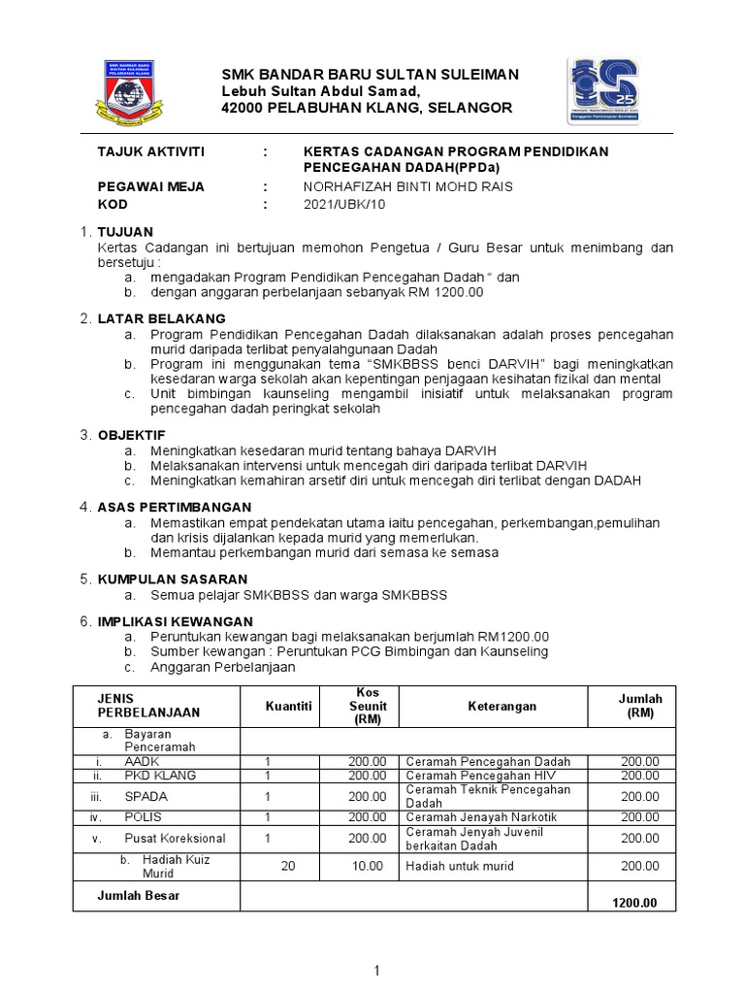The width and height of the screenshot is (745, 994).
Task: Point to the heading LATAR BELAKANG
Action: point(161,318)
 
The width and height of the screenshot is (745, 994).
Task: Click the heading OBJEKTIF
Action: point(131,435)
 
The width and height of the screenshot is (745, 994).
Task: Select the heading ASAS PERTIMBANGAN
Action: point(174,507)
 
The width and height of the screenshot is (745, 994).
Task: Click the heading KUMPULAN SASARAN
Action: point(172,579)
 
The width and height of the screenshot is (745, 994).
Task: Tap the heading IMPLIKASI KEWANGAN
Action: point(175,621)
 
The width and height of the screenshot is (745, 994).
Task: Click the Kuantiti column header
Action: point(288,707)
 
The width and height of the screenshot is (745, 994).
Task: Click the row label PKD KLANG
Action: point(160,776)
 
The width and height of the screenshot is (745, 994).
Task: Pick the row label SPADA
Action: point(145,796)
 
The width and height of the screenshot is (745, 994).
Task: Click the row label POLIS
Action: point(143,817)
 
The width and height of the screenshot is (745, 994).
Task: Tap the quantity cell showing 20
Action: point(287,866)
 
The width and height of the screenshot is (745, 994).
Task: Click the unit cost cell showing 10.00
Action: point(368,866)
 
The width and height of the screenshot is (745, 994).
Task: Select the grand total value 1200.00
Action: point(634,903)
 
